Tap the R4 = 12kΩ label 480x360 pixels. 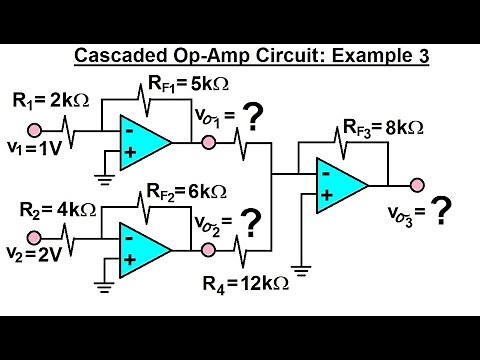(249, 284)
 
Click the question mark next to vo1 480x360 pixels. (255, 122)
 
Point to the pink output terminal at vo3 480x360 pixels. (412, 185)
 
